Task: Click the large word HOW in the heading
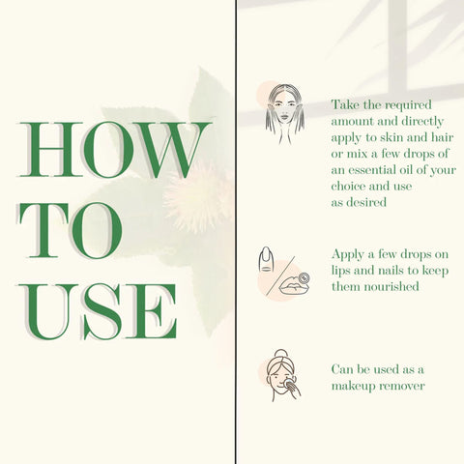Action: [x=115, y=150]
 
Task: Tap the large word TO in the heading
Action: [x=71, y=230]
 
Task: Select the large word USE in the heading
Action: [x=98, y=311]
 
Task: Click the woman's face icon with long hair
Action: [x=285, y=114]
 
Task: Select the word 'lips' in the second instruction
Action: [x=340, y=272]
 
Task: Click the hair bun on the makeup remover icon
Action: [x=280, y=354]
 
